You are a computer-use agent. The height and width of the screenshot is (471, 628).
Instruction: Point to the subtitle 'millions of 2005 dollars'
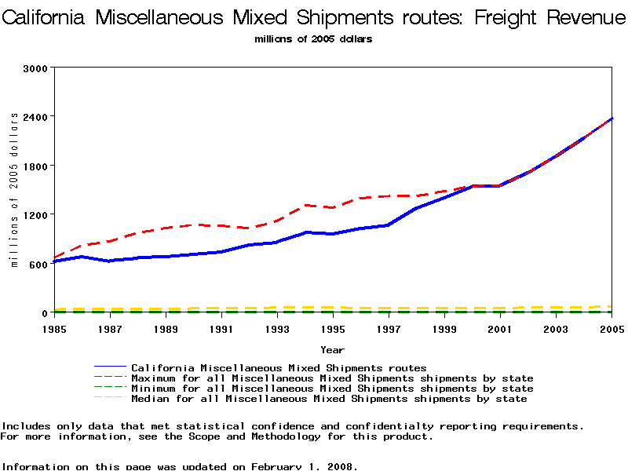point(314,39)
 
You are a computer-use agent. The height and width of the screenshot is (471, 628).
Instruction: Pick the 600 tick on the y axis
point(37,263)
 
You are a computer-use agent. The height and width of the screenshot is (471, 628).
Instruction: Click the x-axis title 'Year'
point(332,349)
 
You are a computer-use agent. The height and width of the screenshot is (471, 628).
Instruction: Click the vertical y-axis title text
point(14,190)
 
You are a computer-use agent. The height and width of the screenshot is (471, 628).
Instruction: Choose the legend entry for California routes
point(279,367)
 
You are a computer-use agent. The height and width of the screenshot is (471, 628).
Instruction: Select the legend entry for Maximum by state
point(332,378)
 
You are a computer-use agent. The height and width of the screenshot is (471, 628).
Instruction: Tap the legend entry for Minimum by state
point(332,389)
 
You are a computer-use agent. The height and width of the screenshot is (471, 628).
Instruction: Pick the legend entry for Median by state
point(329,399)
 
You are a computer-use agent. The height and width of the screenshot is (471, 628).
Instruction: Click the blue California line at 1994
point(305,232)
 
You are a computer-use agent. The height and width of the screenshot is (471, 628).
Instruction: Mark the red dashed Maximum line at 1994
point(305,206)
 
